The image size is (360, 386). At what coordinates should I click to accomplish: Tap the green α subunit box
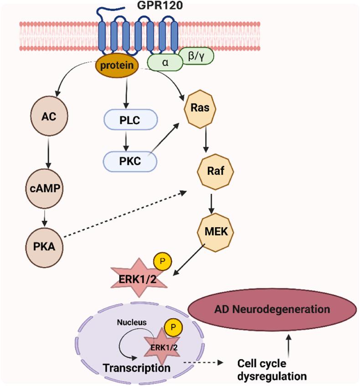click(165, 62)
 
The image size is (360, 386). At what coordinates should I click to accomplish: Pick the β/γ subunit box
click(196, 56)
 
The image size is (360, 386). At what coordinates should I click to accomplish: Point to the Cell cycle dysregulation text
click(271, 370)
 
